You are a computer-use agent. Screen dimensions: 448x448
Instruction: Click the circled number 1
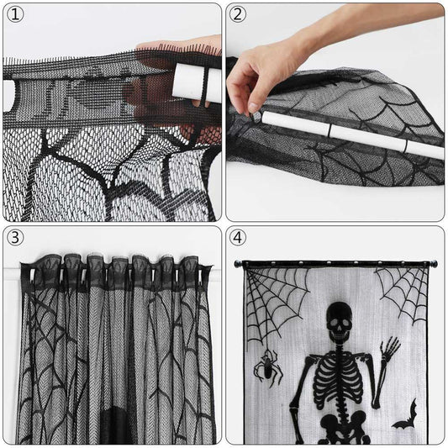click(x=17, y=16)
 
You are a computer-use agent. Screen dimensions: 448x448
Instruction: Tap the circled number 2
click(x=240, y=15)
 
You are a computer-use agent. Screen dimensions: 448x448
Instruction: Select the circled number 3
click(x=17, y=237)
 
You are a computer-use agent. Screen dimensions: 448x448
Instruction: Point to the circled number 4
click(x=240, y=237)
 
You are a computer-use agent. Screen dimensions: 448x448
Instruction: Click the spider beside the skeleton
click(x=268, y=366)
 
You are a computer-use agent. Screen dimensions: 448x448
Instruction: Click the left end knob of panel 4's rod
click(x=238, y=265)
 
